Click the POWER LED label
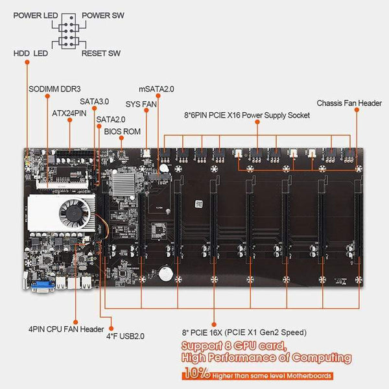(x=32, y=14)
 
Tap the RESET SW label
(x=101, y=53)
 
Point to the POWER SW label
(x=104, y=14)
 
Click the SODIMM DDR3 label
(x=54, y=89)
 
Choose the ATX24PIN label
(x=69, y=112)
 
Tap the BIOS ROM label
(x=122, y=130)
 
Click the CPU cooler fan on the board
(x=72, y=211)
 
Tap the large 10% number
(x=196, y=375)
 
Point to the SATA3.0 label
(x=95, y=102)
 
